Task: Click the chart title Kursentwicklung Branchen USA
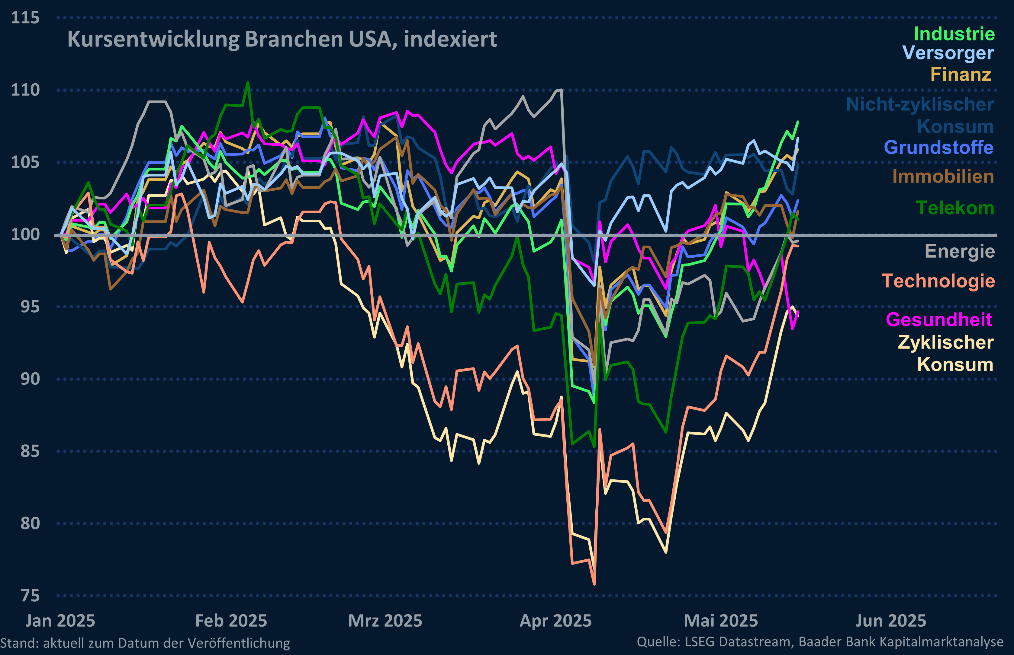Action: pos(282,40)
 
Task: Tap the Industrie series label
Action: pos(954,34)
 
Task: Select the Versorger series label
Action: pos(948,53)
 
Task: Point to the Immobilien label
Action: pos(943,176)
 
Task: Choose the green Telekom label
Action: pos(954,208)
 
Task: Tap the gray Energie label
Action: pos(960,251)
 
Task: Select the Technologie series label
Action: pos(938,281)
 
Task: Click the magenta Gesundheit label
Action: pos(939,320)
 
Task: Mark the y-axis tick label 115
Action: pos(25,18)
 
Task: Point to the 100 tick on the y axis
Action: pos(25,234)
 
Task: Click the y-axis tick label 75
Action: pos(30,596)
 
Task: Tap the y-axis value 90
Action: pos(30,379)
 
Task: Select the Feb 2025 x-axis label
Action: pos(231,621)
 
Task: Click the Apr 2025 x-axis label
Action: pos(555,621)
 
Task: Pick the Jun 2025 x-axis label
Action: pos(890,621)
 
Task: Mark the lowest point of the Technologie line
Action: pos(594,584)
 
